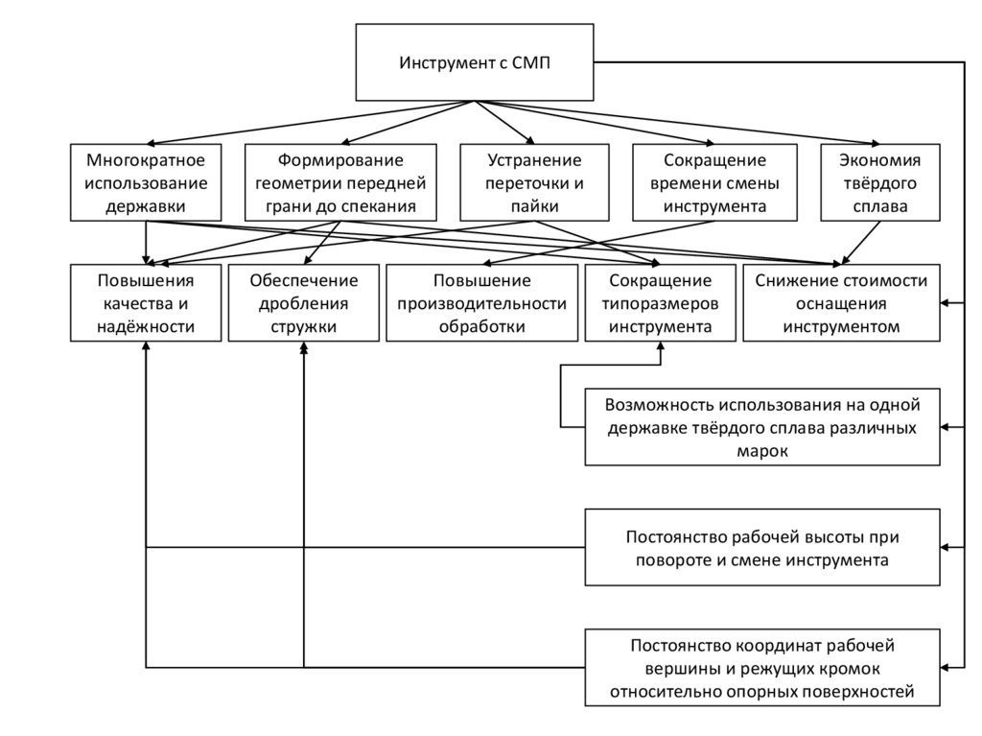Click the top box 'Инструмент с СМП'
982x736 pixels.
pyautogui.click(x=474, y=62)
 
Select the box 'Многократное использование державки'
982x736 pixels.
pyautogui.click(x=146, y=182)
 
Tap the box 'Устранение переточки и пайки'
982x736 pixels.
pyautogui.click(x=534, y=182)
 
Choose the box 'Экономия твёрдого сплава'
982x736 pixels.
pyautogui.click(x=879, y=182)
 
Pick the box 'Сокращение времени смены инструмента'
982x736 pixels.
pyautogui.click(x=713, y=182)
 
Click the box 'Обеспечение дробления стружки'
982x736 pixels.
pyautogui.click(x=304, y=303)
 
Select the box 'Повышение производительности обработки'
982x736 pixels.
pyautogui.click(x=481, y=303)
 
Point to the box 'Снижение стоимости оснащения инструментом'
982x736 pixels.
pyautogui.click(x=841, y=303)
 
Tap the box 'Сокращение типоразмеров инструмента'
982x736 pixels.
pyautogui.click(x=661, y=303)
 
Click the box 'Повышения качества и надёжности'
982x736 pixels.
pyautogui.click(x=146, y=303)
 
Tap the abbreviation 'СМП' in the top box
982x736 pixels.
pyautogui.click(x=529, y=63)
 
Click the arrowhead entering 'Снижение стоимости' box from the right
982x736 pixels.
pyautogui.click(x=946, y=303)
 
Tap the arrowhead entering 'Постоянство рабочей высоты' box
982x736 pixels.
pyautogui.click(x=946, y=547)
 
